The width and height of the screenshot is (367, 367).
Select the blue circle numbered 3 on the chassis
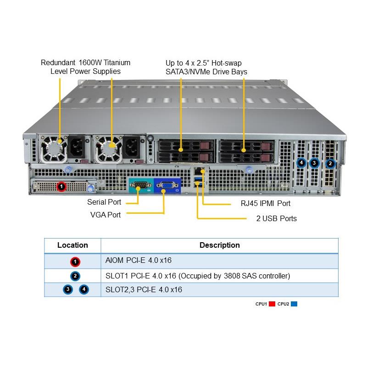click(x=314, y=162)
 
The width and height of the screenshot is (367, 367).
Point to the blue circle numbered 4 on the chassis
click(x=301, y=162)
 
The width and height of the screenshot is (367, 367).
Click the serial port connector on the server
click(x=139, y=186)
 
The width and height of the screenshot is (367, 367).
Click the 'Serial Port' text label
click(x=104, y=202)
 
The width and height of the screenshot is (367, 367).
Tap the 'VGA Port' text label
click(x=106, y=215)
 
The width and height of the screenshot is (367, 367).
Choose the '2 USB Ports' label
click(x=276, y=218)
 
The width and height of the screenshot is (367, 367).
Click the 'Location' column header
click(x=72, y=245)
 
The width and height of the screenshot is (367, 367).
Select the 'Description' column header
click(x=219, y=245)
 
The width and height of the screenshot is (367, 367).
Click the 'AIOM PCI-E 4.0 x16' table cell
click(x=138, y=261)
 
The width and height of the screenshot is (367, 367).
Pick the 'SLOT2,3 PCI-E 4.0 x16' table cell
click(x=144, y=289)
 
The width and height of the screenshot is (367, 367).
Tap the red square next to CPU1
click(x=272, y=304)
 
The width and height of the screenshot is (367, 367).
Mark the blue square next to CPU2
click(x=294, y=304)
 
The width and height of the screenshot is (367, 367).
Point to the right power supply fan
click(x=109, y=148)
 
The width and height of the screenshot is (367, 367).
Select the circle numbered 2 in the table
click(x=76, y=276)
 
